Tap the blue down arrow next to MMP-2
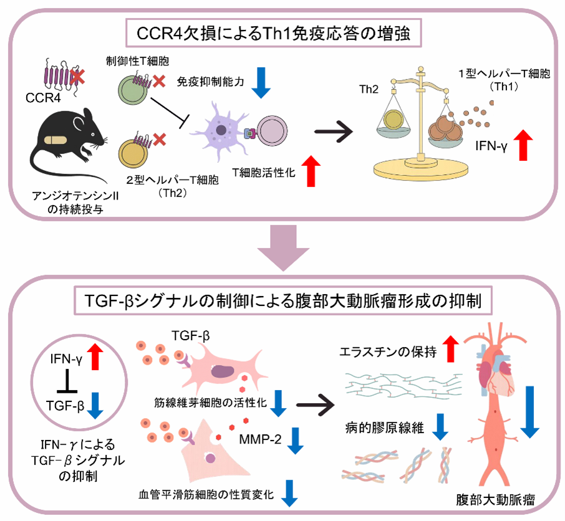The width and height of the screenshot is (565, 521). [x=295, y=439]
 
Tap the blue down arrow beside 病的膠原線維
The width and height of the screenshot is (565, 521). [x=440, y=426]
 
